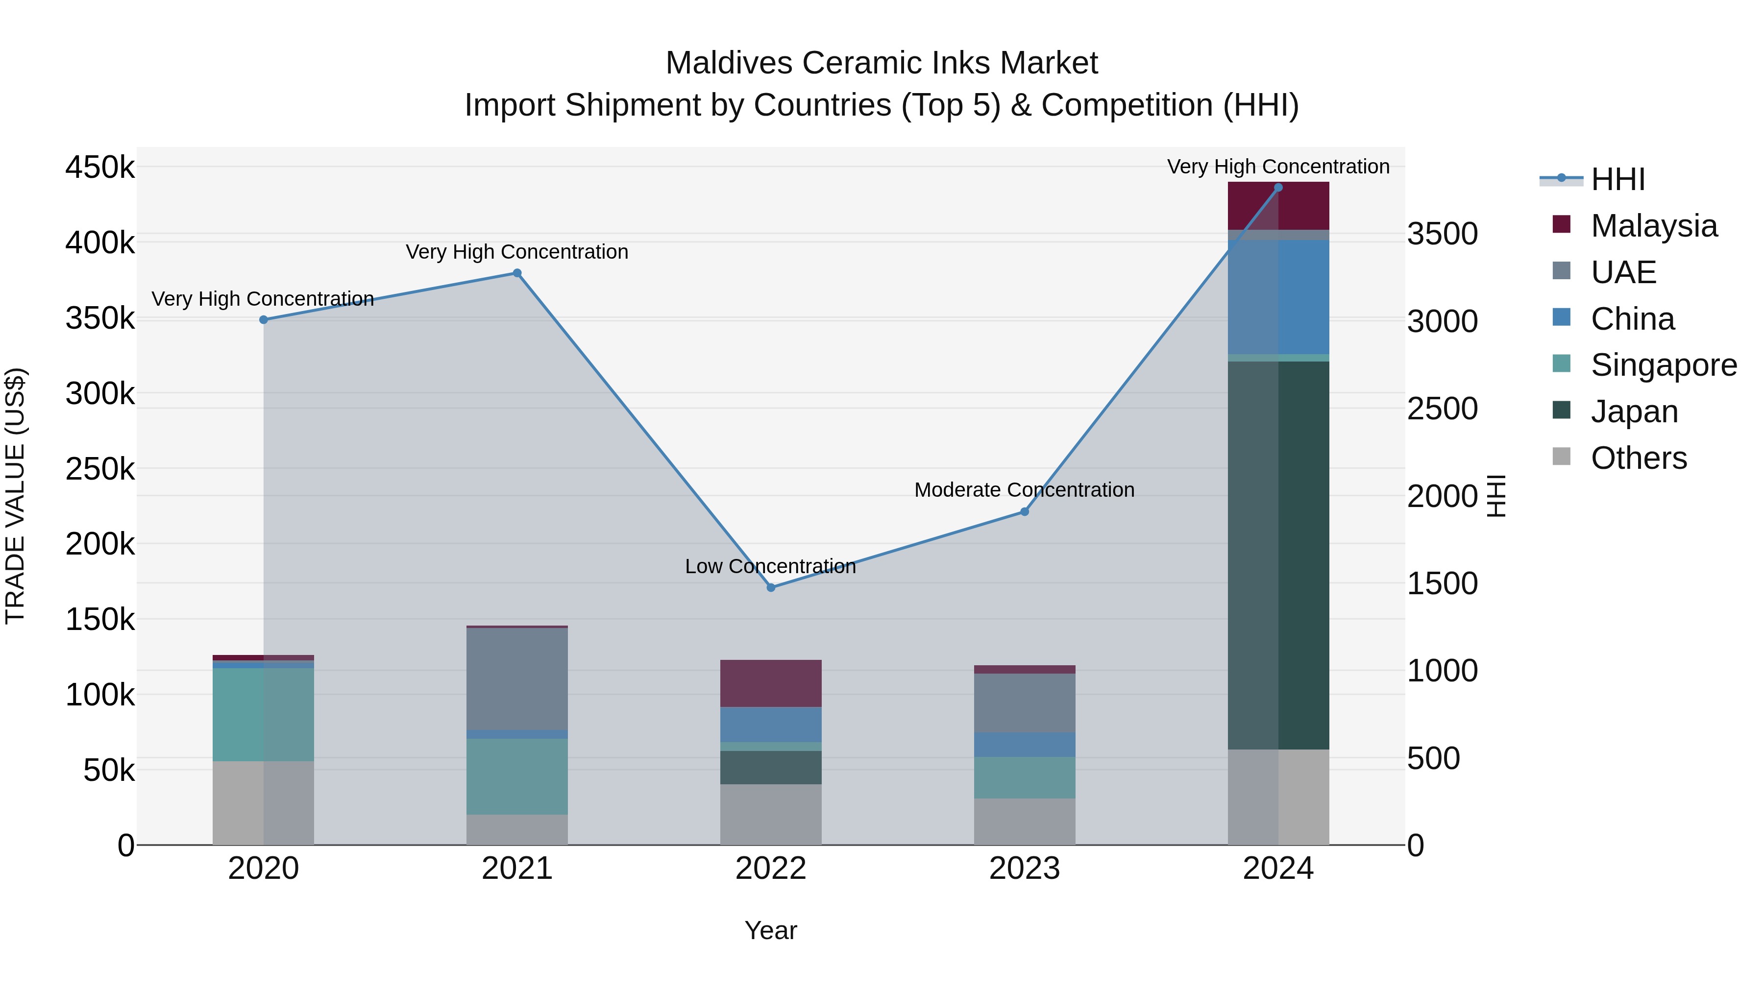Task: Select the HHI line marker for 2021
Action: [x=517, y=273]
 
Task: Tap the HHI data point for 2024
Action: [x=1278, y=188]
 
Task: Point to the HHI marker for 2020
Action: [x=264, y=320]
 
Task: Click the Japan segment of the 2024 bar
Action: [x=1278, y=555]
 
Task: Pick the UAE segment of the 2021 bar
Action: [x=517, y=678]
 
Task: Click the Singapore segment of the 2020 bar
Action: [x=264, y=714]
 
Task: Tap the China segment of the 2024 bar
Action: [x=1278, y=297]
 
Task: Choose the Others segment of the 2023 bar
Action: [x=1025, y=821]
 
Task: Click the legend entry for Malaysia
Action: [x=1653, y=226]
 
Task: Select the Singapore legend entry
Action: [x=1663, y=365]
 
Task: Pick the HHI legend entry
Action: [x=1617, y=179]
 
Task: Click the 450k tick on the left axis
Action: [x=100, y=167]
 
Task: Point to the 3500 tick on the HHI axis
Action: [x=1442, y=234]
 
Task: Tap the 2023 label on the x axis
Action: [x=1025, y=869]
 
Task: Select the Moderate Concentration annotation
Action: [x=1025, y=490]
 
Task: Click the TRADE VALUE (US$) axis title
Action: [x=15, y=496]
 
